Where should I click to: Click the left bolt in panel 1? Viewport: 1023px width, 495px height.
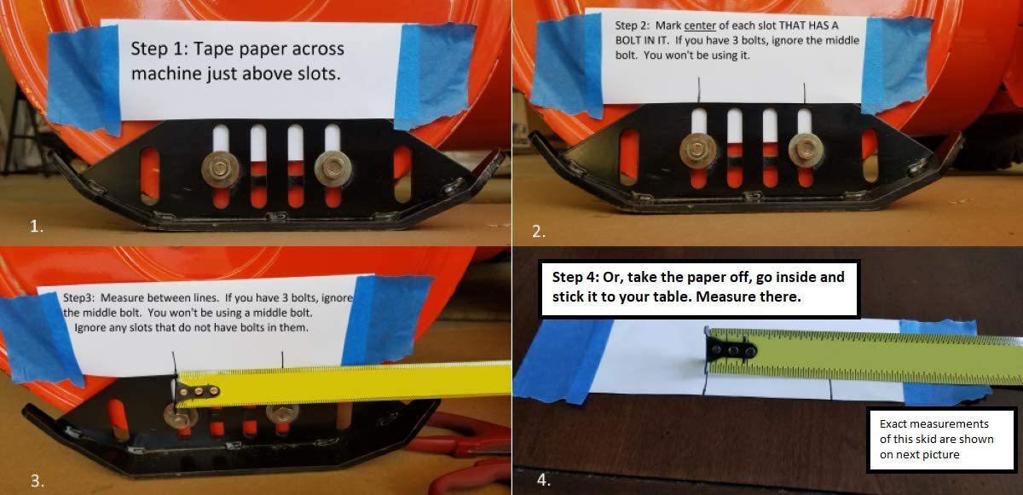(x=221, y=170)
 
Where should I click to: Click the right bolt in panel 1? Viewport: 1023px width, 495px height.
(x=333, y=170)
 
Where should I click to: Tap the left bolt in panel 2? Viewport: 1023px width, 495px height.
(x=697, y=150)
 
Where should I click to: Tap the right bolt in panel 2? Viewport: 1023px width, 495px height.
(x=806, y=150)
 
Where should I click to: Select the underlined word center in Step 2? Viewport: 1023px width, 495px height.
(x=700, y=26)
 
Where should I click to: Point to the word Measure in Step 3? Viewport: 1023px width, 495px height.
(x=120, y=298)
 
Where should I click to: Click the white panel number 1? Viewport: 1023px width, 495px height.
(x=37, y=226)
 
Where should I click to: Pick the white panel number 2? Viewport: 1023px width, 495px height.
(x=539, y=231)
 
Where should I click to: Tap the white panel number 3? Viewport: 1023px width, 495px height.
(x=37, y=481)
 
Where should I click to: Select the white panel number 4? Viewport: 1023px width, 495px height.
(x=543, y=480)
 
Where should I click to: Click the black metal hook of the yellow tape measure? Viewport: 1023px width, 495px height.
(x=196, y=390)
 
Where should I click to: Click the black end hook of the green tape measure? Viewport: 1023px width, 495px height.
(x=730, y=350)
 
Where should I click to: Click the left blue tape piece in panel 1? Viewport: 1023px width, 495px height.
(x=84, y=80)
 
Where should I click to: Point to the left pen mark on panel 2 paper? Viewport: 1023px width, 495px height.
(x=699, y=89)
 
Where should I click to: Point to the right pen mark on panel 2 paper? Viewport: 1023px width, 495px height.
(x=805, y=93)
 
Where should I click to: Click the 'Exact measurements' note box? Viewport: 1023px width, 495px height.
(x=941, y=440)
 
